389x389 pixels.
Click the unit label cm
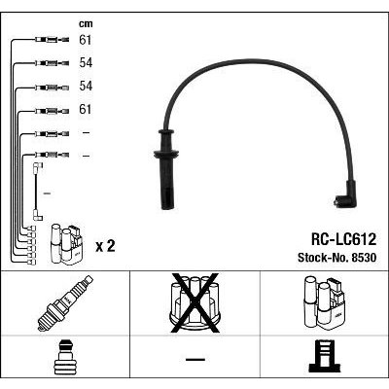86,24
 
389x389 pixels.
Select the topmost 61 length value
86,40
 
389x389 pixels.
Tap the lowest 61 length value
86,109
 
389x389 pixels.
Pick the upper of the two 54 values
86,63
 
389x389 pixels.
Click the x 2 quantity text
105,246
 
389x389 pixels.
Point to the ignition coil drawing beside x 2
66,244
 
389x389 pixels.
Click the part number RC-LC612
343,239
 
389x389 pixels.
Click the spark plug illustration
65,303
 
